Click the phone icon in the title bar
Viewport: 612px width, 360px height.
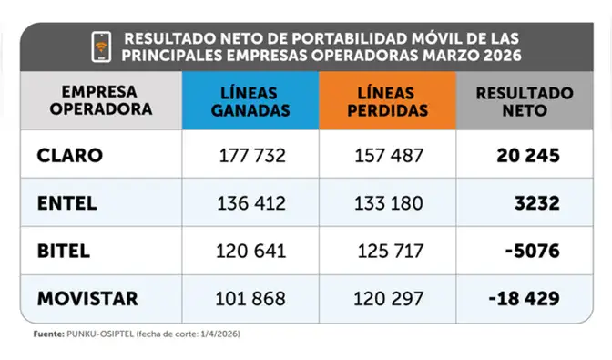click(x=101, y=46)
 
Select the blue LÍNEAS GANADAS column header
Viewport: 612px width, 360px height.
click(x=250, y=101)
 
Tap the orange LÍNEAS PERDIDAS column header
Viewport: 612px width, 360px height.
click(x=387, y=101)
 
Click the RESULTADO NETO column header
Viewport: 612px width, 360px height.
click(x=525, y=101)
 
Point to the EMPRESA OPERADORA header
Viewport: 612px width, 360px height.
click(x=101, y=101)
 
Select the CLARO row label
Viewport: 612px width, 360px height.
click(x=70, y=156)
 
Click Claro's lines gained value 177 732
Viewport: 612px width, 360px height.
click(x=252, y=156)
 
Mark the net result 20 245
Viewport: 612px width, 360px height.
click(x=528, y=156)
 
